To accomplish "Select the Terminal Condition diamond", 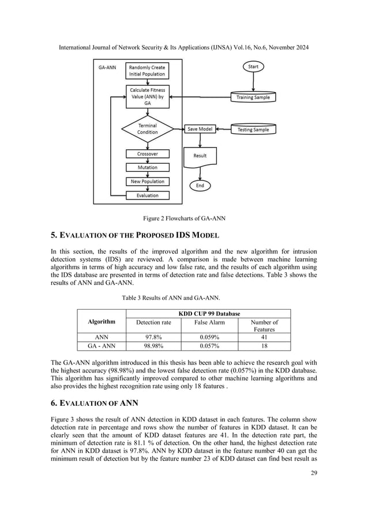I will tap(148, 128).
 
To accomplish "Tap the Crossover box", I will tap(148, 154).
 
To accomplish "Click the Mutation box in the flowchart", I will tap(148, 167).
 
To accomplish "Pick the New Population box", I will tap(148, 181).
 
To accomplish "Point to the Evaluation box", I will tap(148, 195).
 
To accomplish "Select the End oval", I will tap(201, 186).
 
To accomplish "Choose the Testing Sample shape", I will tap(253, 130).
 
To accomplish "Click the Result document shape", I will tap(200, 156).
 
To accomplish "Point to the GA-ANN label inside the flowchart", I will tap(108, 67).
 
